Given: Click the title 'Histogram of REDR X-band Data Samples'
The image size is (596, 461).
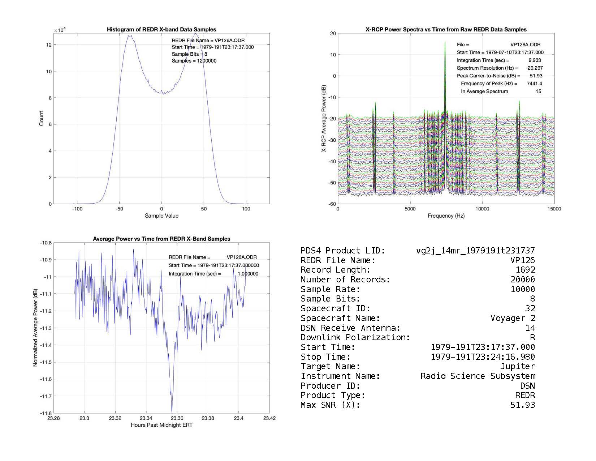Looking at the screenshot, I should tap(161, 30).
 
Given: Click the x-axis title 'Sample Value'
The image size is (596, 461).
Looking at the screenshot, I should tap(161, 216).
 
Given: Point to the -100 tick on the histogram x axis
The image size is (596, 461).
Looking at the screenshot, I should tap(77, 209).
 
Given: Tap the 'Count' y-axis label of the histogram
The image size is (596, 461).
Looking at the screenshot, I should tap(41, 119).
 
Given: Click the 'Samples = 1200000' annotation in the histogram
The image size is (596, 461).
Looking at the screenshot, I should tap(194, 61).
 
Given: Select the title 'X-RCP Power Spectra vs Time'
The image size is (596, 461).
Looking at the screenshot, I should tap(446, 30).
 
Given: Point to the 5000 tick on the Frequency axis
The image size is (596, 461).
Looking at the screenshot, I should tap(410, 209).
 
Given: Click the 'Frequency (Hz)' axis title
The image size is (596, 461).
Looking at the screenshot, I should tap(446, 216).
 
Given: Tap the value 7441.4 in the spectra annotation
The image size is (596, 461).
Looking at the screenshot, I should tap(534, 84).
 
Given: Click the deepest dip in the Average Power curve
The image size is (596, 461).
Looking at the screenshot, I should tap(172, 411).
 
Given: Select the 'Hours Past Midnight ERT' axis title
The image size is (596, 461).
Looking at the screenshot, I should tap(161, 425).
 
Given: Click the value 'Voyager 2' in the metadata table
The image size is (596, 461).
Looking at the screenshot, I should tap(513, 319).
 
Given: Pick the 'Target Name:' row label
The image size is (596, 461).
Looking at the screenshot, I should tap(330, 367).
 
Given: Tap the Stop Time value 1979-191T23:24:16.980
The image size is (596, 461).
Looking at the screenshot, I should tap(483, 357).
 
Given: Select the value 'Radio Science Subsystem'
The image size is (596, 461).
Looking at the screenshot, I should tap(478, 376).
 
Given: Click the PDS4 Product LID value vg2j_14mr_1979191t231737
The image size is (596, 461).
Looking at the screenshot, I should tap(475, 251).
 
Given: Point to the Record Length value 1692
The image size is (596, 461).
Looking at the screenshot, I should tap(525, 270).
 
